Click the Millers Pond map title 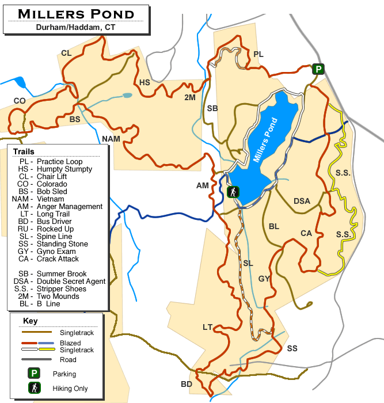76,13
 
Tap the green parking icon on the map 318,69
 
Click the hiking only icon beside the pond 233,192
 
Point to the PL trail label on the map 258,54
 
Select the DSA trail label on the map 302,201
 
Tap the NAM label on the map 111,139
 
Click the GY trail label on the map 264,279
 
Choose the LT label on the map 208,327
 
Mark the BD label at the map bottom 186,384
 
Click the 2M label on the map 190,98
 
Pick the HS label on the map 145,82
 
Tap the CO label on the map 20,101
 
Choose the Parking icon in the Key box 35,374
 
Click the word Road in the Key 68,360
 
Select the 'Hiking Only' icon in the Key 35,389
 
